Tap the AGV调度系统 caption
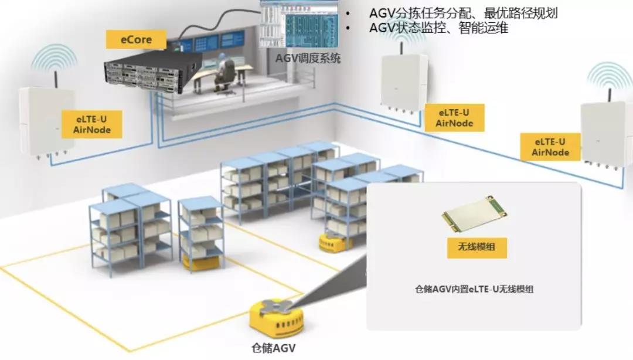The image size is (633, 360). click(308, 58)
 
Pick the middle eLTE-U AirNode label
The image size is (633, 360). click(454, 118)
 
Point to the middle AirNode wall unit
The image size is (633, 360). click(405, 82)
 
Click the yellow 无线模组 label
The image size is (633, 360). click(475, 247)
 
